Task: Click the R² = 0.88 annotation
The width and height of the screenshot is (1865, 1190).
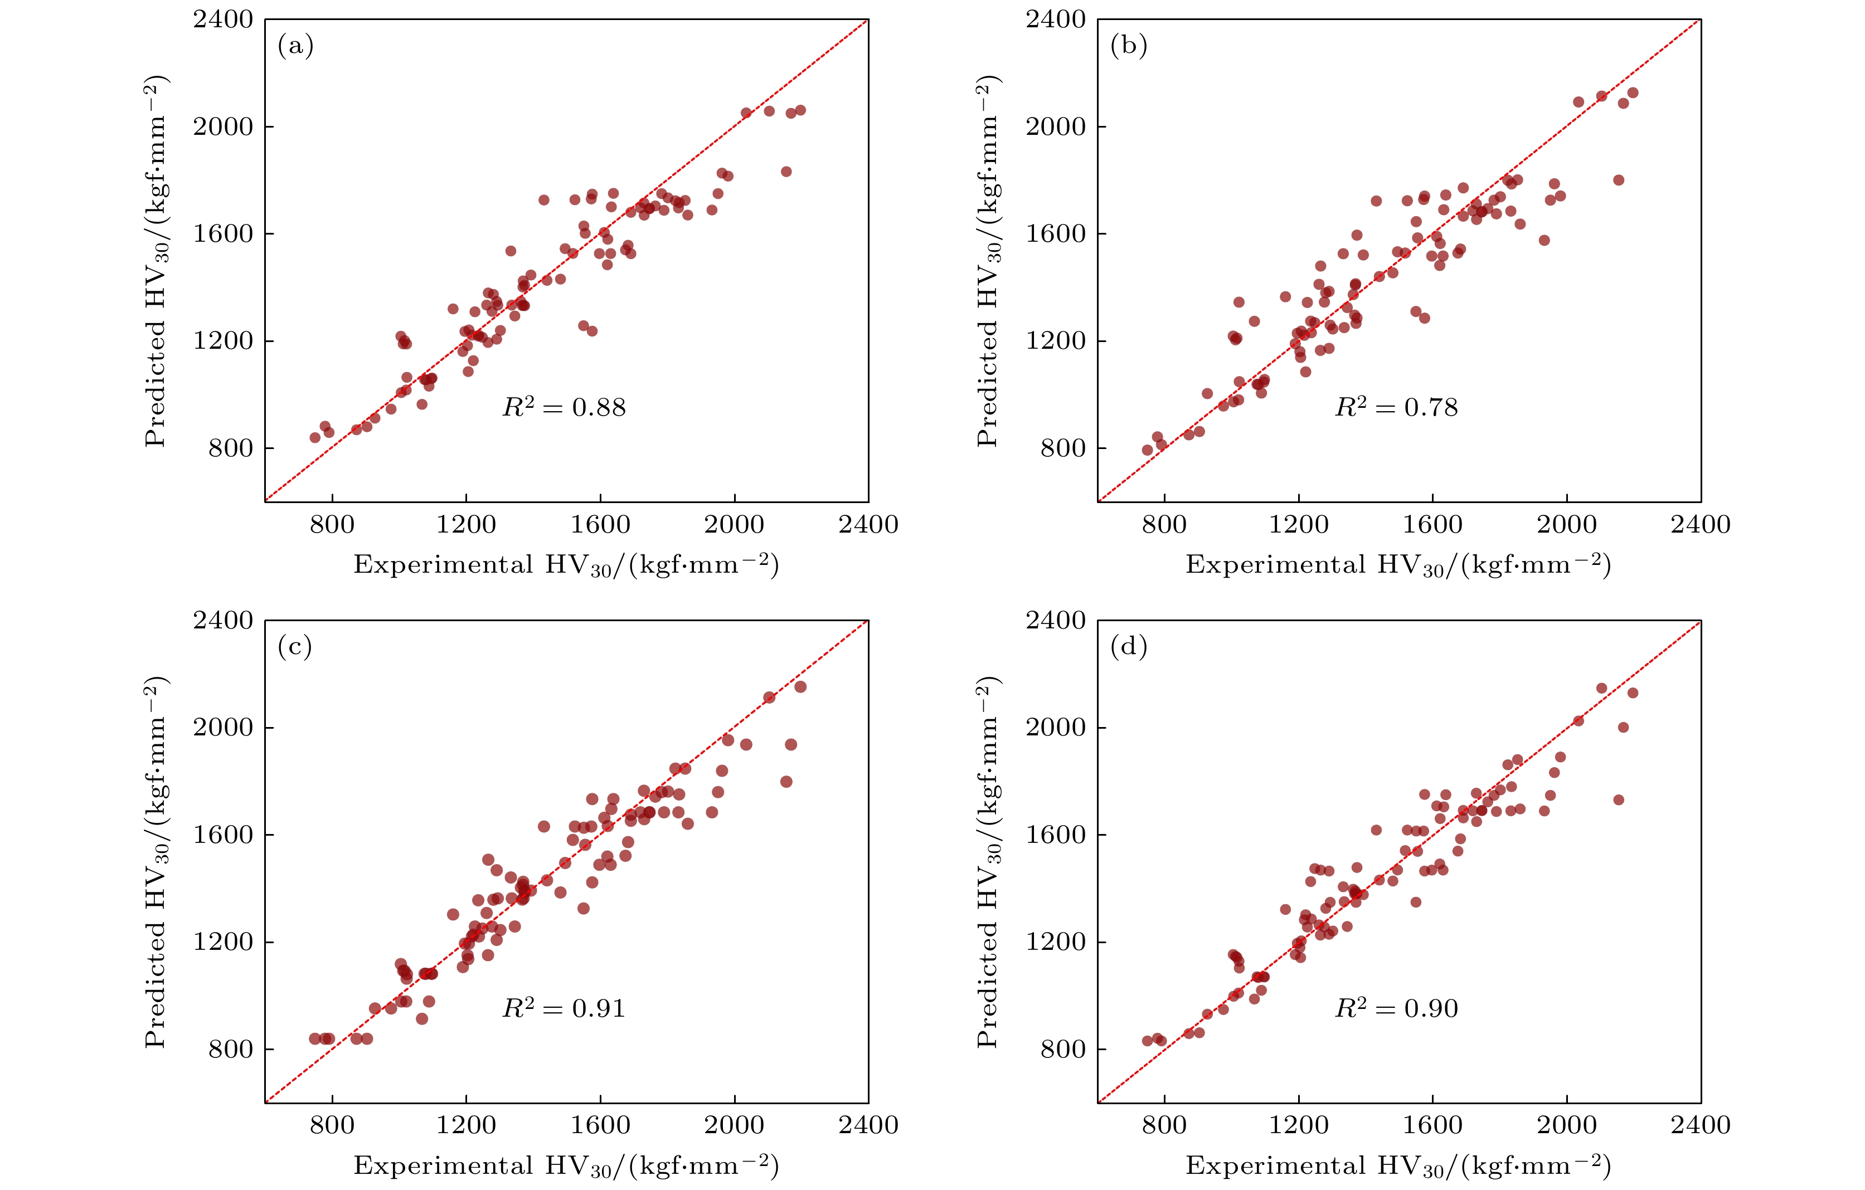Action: [x=564, y=407]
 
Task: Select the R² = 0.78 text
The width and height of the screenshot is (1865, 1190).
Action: [x=1396, y=407]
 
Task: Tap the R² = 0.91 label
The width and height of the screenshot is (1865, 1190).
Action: [x=564, y=1008]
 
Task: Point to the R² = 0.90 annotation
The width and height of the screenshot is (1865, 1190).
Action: [x=1396, y=1008]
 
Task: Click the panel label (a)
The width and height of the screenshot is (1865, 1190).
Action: [x=295, y=46]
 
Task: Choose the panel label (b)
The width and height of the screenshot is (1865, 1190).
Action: [x=1128, y=46]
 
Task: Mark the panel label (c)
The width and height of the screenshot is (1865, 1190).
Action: [x=295, y=646]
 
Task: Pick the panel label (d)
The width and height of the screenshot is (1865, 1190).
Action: [x=1128, y=646]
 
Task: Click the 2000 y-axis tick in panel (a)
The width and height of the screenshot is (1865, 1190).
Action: [x=223, y=126]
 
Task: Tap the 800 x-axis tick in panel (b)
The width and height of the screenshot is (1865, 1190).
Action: [x=1164, y=524]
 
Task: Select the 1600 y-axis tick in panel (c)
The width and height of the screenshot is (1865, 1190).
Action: [x=223, y=835]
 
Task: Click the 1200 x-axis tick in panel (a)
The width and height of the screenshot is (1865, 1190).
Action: [x=466, y=524]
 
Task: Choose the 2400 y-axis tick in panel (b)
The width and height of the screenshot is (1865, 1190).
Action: [x=1056, y=19]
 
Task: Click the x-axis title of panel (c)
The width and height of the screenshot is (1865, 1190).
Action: [x=566, y=1166]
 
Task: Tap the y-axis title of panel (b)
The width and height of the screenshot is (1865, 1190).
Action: [x=988, y=260]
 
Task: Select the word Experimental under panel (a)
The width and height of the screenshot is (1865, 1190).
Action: [x=443, y=564]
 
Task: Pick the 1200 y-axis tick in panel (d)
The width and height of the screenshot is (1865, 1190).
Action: [x=1056, y=942]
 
